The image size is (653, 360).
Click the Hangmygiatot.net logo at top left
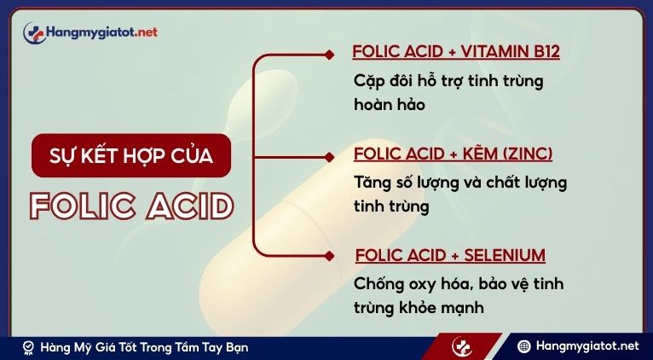click(x=90, y=32)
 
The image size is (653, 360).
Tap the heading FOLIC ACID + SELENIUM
click(x=449, y=255)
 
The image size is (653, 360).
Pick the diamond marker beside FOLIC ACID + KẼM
click(x=330, y=156)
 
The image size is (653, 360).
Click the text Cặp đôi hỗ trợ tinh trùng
click(x=448, y=82)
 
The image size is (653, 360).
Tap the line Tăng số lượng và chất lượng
click(x=459, y=183)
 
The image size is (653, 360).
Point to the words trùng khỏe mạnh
click(x=419, y=307)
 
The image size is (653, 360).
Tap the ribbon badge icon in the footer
click(x=29, y=347)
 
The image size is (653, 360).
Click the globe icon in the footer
click(x=524, y=346)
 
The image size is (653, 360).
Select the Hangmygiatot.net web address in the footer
click(x=587, y=346)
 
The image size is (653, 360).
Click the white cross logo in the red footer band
click(x=463, y=347)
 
